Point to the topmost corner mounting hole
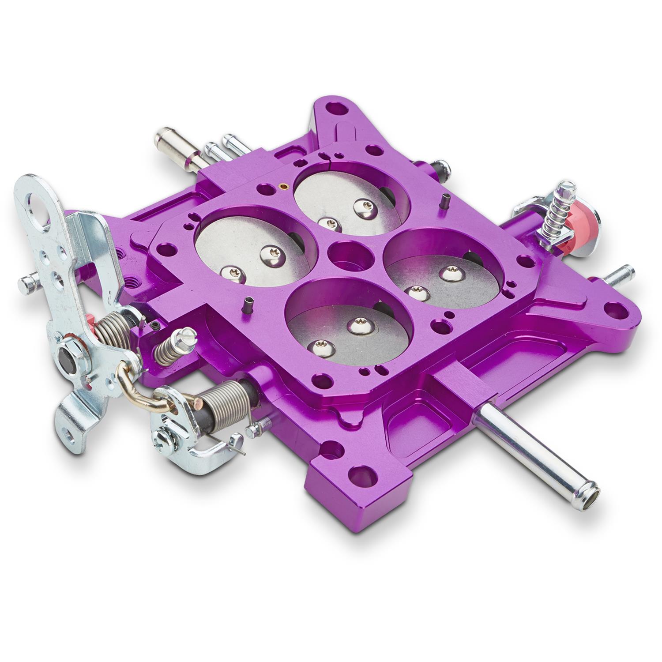point(338,107)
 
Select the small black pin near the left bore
point(249,304)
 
